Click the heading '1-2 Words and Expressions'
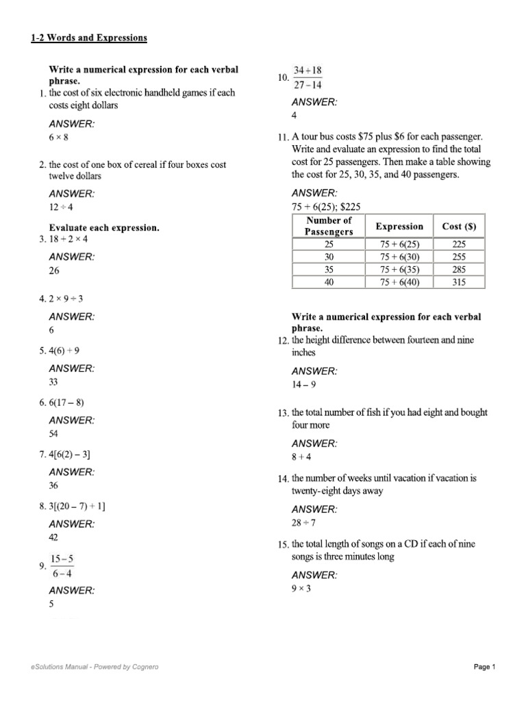[89, 38]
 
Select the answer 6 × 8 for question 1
[59, 138]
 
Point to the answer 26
[54, 270]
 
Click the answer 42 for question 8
[54, 537]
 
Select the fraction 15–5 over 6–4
[62, 566]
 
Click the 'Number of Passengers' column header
[329, 226]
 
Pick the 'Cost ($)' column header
[459, 226]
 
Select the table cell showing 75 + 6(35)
[399, 269]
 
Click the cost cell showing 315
[459, 281]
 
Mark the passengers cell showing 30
[329, 257]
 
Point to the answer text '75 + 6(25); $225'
[327, 207]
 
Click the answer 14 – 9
[304, 385]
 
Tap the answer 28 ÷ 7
[304, 523]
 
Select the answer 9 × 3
[301, 588]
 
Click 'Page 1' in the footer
[484, 667]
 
